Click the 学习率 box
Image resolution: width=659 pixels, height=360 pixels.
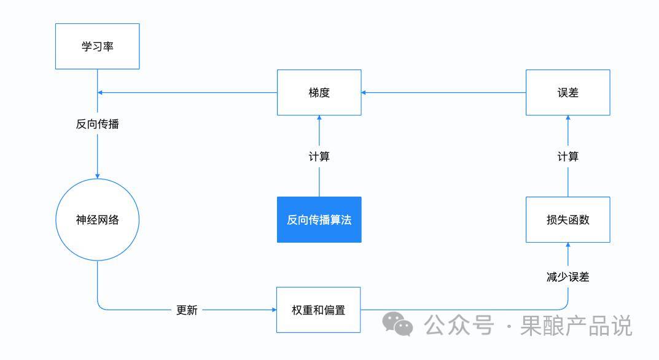[x=98, y=46]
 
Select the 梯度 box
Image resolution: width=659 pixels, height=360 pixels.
[x=319, y=93]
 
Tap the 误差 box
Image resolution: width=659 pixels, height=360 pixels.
[x=568, y=93]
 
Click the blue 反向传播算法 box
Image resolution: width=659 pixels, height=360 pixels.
[x=319, y=219]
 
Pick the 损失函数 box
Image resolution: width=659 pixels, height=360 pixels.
[x=568, y=219]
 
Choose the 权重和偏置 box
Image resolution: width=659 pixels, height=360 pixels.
[x=319, y=310]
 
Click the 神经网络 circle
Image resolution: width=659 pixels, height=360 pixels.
[x=98, y=219]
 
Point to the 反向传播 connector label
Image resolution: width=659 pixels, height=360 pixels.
[x=98, y=124]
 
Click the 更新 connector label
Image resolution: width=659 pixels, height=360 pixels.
[x=187, y=310]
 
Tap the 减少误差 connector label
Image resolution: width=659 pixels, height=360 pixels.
[x=568, y=277]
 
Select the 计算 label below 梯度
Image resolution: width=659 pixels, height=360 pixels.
[x=319, y=157]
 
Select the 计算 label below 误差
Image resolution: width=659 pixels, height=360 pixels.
[x=568, y=157]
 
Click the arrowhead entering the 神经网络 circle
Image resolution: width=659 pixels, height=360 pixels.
[x=98, y=176]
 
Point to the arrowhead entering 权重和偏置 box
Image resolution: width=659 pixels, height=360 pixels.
[x=274, y=310]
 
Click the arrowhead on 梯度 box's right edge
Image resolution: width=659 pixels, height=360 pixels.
[x=364, y=93]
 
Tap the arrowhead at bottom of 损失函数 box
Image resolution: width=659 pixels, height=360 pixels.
[x=568, y=245]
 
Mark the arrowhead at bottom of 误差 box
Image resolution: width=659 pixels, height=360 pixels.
[x=568, y=118]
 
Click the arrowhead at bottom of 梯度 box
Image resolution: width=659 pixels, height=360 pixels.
[x=319, y=118]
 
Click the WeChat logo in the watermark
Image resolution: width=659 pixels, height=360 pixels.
[x=397, y=324]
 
